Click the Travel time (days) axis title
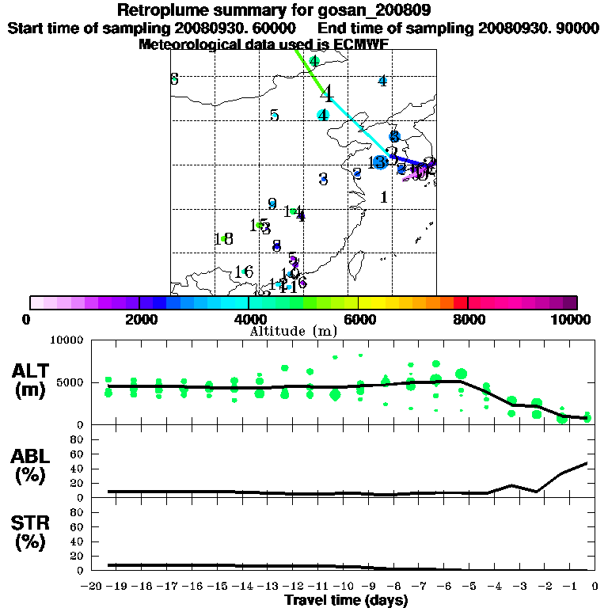(345, 601)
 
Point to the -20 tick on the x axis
(93, 587)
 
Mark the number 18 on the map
(222, 239)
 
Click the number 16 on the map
(243, 273)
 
